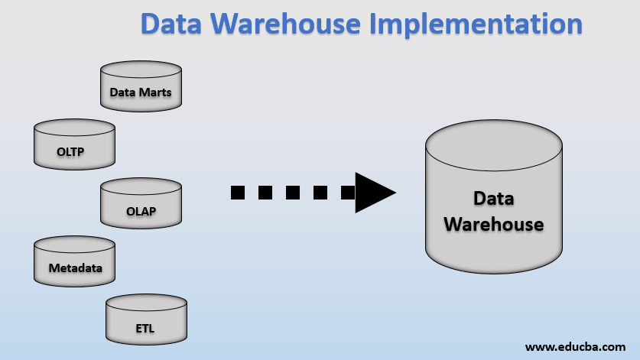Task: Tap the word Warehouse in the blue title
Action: click(282, 24)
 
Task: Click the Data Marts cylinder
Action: click(141, 85)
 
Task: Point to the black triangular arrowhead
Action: click(373, 192)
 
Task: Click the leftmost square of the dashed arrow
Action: click(238, 192)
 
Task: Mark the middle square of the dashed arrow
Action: click(293, 192)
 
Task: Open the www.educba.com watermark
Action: click(575, 346)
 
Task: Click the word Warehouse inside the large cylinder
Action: click(493, 225)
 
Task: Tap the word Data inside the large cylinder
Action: click(493, 198)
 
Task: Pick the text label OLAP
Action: click(141, 212)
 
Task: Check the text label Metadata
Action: click(75, 268)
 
